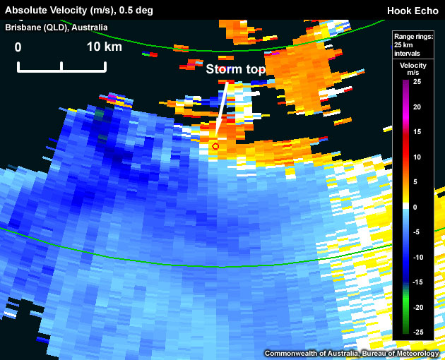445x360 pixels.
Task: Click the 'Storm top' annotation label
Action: pos(235,69)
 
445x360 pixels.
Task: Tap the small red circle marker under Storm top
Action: pos(215,146)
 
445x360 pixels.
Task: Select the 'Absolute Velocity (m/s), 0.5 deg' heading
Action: pos(79,11)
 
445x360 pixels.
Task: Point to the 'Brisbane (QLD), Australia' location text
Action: pos(57,28)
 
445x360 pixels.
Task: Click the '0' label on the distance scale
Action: pos(18,47)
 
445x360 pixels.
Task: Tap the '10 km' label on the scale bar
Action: pos(104,47)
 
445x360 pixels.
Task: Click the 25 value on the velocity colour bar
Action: pos(417,82)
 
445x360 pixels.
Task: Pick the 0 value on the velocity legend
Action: pos(415,207)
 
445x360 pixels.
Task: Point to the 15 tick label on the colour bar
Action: pos(417,132)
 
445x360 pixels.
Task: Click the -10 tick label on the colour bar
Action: pos(417,257)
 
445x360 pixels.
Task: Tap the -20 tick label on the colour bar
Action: pos(417,307)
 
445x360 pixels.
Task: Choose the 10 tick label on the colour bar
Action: pos(417,157)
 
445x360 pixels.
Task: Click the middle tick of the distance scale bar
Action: pos(62,67)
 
